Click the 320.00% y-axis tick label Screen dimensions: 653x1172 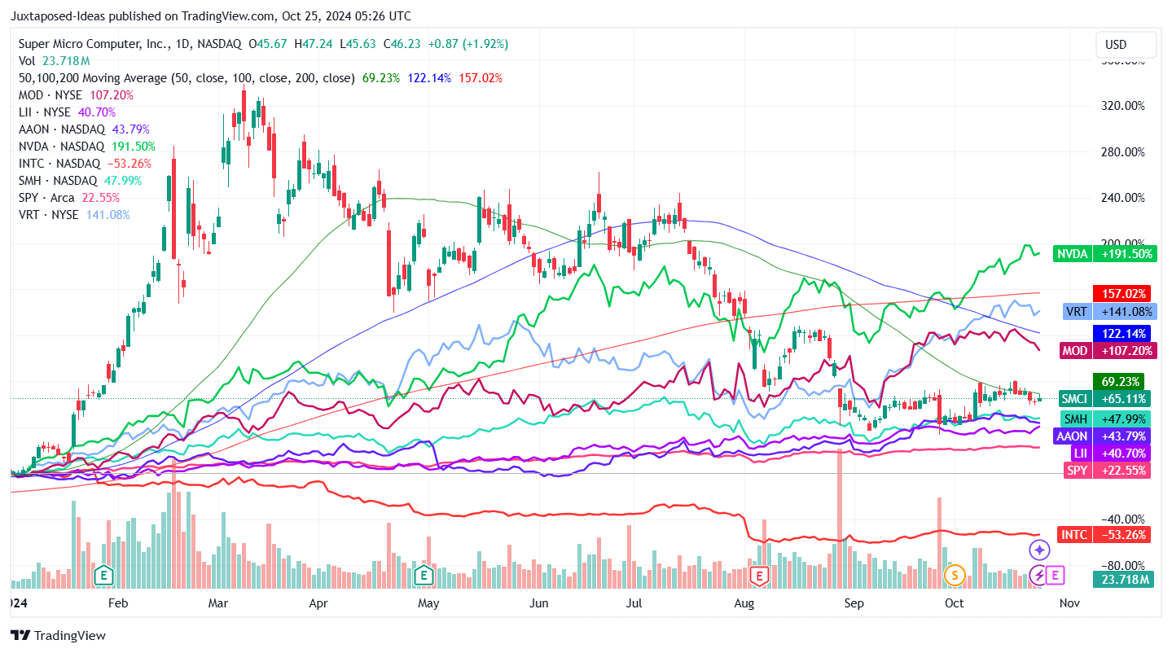click(1122, 106)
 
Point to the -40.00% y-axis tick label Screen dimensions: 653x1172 click(1122, 519)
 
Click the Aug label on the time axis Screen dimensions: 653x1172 click(744, 603)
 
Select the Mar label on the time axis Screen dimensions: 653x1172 click(218, 603)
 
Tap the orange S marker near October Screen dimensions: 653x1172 click(954, 576)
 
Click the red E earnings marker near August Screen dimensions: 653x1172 click(759, 576)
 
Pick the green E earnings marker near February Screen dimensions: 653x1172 click(103, 576)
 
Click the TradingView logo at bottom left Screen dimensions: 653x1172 click(59, 635)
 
